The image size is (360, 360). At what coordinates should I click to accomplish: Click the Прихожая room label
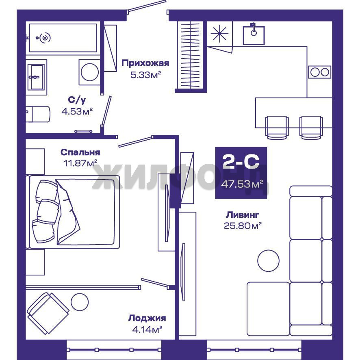[x=145, y=63]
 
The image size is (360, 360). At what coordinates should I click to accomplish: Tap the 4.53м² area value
[x=77, y=111]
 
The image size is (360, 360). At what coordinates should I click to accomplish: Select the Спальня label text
[x=80, y=152]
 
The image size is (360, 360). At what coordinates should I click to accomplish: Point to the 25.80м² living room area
[x=243, y=226]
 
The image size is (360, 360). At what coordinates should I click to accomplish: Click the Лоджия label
[x=147, y=318]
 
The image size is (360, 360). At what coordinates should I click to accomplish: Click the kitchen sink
[x=254, y=35]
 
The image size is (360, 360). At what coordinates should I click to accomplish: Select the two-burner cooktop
[x=319, y=72]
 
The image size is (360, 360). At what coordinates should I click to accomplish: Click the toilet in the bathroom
[x=38, y=114]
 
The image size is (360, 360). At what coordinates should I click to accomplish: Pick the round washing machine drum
[x=90, y=72]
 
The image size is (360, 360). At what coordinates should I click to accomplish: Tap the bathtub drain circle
[x=45, y=38]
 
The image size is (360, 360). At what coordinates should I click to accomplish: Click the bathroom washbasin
[x=35, y=77]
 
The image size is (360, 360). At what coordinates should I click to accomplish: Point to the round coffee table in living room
[x=268, y=260]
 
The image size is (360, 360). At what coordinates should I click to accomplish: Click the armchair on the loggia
[x=48, y=313]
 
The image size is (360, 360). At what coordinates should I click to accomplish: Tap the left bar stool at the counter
[x=277, y=127]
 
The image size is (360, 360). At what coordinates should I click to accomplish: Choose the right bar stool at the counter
[x=311, y=127]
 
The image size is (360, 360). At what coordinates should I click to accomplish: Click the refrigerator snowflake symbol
[x=219, y=33]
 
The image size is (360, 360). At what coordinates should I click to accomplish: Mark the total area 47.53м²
[x=242, y=184]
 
